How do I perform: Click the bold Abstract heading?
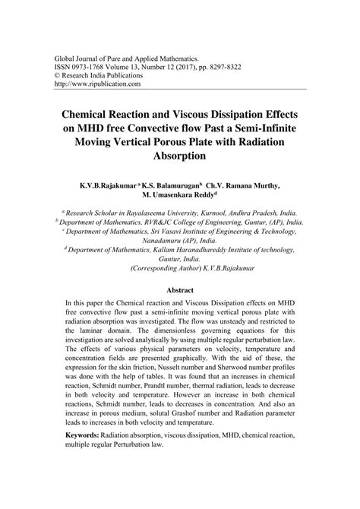[179, 290]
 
